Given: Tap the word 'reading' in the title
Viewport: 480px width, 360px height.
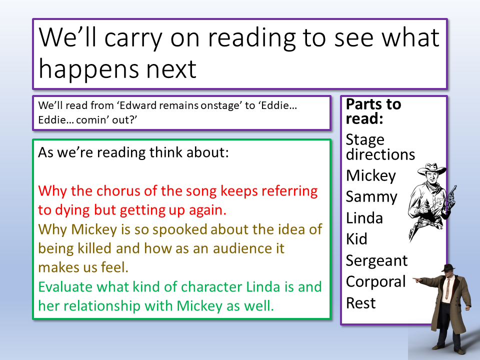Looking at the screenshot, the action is coord(252,38).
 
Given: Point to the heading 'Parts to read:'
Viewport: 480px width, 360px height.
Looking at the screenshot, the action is coord(373,111).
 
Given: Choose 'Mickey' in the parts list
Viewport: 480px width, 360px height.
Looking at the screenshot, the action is coord(371,176).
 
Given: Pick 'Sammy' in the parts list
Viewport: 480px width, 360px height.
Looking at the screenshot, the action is coord(371,197).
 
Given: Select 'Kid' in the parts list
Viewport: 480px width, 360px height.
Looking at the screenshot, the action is coord(356,239).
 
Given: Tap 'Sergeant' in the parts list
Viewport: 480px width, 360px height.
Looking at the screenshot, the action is coord(377,261).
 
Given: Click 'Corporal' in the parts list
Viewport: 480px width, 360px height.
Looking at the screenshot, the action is coord(376,282).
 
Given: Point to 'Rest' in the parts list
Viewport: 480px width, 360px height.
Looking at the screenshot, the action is coord(360,303).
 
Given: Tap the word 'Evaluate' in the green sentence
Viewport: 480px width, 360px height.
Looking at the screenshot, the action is coord(65,287).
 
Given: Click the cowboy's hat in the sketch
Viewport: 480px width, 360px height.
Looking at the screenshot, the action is coord(431,168).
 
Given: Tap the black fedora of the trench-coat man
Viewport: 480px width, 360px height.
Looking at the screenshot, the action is coord(449,268).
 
